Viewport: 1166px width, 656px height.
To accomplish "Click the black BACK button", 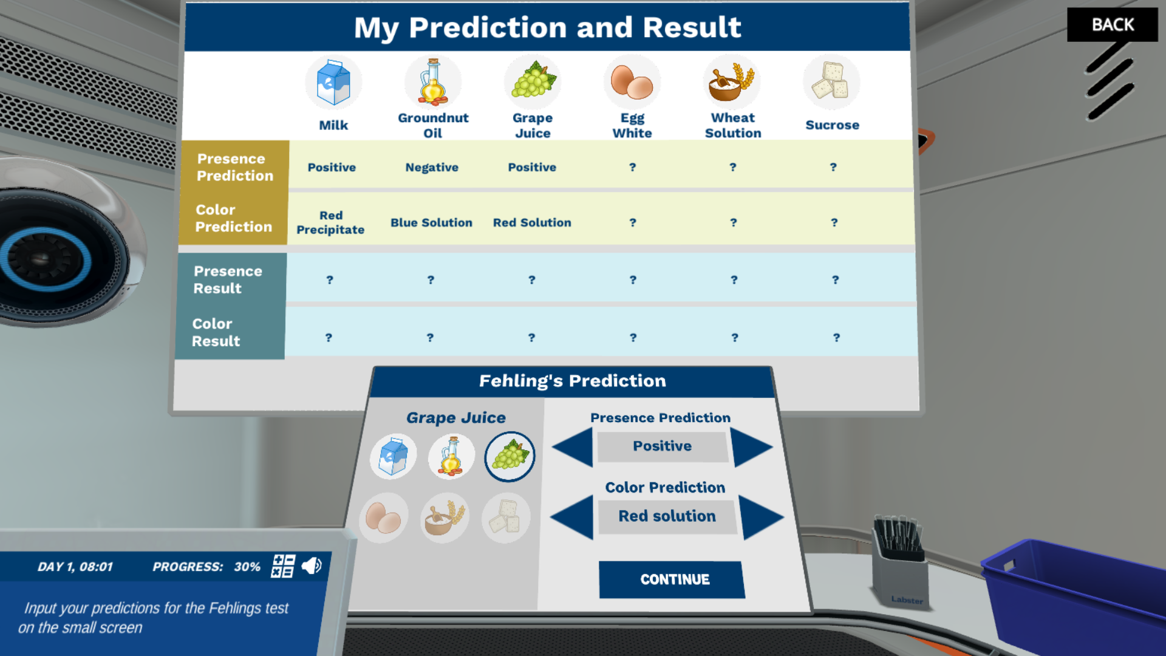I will [x=1112, y=25].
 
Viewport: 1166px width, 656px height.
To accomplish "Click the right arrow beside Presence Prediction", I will [x=751, y=448].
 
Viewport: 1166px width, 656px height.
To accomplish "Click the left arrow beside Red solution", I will [x=573, y=517].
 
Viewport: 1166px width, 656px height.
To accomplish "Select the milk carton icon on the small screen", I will [x=394, y=456].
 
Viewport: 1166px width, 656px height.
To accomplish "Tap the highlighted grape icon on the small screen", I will [x=510, y=456].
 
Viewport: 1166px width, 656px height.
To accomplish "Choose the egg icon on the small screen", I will [x=383, y=518].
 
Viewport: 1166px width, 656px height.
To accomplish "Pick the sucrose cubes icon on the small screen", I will [x=506, y=517].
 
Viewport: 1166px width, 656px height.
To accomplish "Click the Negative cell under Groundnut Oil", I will [x=432, y=168].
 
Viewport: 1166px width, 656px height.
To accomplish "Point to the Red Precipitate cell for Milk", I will [x=330, y=222].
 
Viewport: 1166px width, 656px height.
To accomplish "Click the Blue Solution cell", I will [x=431, y=223].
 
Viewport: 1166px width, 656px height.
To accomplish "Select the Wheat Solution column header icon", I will [x=732, y=83].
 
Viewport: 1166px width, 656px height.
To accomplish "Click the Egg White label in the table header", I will [x=632, y=126].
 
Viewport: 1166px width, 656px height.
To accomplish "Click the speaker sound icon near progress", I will [x=312, y=566].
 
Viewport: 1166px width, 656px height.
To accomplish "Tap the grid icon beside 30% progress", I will [x=283, y=566].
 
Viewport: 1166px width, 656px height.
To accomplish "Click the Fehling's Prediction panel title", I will [x=572, y=381].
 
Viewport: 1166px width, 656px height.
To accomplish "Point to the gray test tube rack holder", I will [x=899, y=565].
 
